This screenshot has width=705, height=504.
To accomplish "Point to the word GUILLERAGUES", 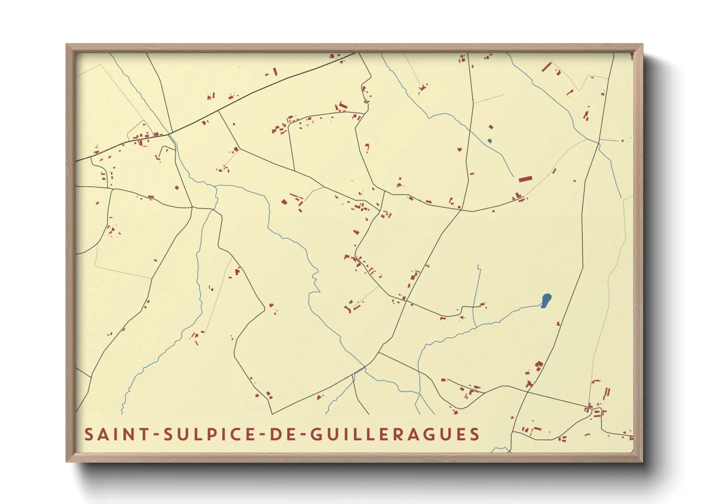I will [395, 434].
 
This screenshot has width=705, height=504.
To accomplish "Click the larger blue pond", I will [546, 300].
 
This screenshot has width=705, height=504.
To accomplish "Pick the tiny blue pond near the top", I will [489, 141].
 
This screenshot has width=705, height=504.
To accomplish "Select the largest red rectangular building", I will [525, 179].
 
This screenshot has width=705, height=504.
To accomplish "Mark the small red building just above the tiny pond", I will [491, 127].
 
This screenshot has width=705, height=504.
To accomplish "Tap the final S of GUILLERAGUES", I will [474, 434].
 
